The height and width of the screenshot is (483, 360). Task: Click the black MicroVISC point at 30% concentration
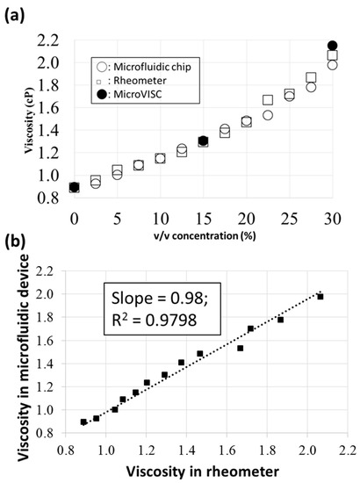tap(332, 46)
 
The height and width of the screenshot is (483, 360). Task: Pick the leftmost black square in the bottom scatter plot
tap(83, 422)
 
